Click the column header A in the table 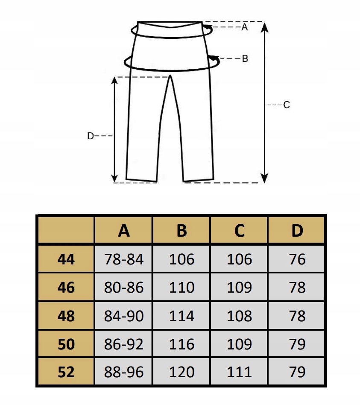(124, 231)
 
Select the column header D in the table (297, 231)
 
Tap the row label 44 (66, 259)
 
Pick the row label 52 (66, 372)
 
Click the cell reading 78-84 (124, 259)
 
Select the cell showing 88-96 (124, 372)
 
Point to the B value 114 (182, 316)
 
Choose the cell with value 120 (182, 372)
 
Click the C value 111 (240, 372)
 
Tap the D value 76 (297, 259)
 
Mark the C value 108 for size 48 (240, 316)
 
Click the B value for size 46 (182, 288)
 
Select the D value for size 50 (297, 344)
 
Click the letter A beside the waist (245, 27)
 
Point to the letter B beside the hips (245, 59)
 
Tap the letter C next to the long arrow (287, 105)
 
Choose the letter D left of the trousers (90, 136)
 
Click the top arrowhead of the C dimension (265, 26)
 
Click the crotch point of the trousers (170, 76)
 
